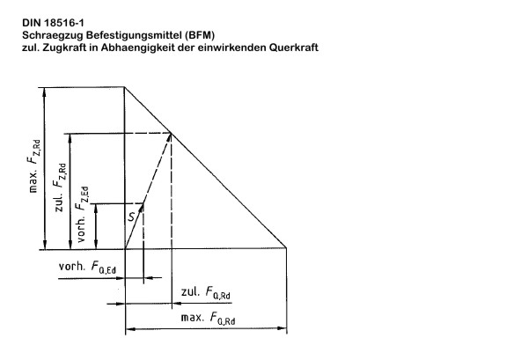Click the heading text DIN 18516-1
coord(53,23)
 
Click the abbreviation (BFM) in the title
coord(200,35)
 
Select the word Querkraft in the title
coord(294,48)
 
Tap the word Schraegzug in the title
coord(53,35)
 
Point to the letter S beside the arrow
coord(131,217)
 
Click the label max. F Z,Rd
coord(34,166)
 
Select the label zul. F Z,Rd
coord(59,187)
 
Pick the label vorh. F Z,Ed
coord(83,215)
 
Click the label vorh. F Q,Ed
coord(87,267)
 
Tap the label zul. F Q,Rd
coord(206,292)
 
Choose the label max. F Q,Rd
coord(208,319)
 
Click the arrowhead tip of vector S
coord(143,202)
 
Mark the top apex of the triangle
coord(125,87)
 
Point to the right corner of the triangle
coord(286,248)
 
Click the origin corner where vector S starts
coord(125,249)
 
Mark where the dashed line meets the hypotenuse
coord(172,134)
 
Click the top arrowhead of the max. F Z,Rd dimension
coord(44,89)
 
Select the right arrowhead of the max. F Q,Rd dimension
coord(286,328)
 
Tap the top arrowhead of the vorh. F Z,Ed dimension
coord(96,204)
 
